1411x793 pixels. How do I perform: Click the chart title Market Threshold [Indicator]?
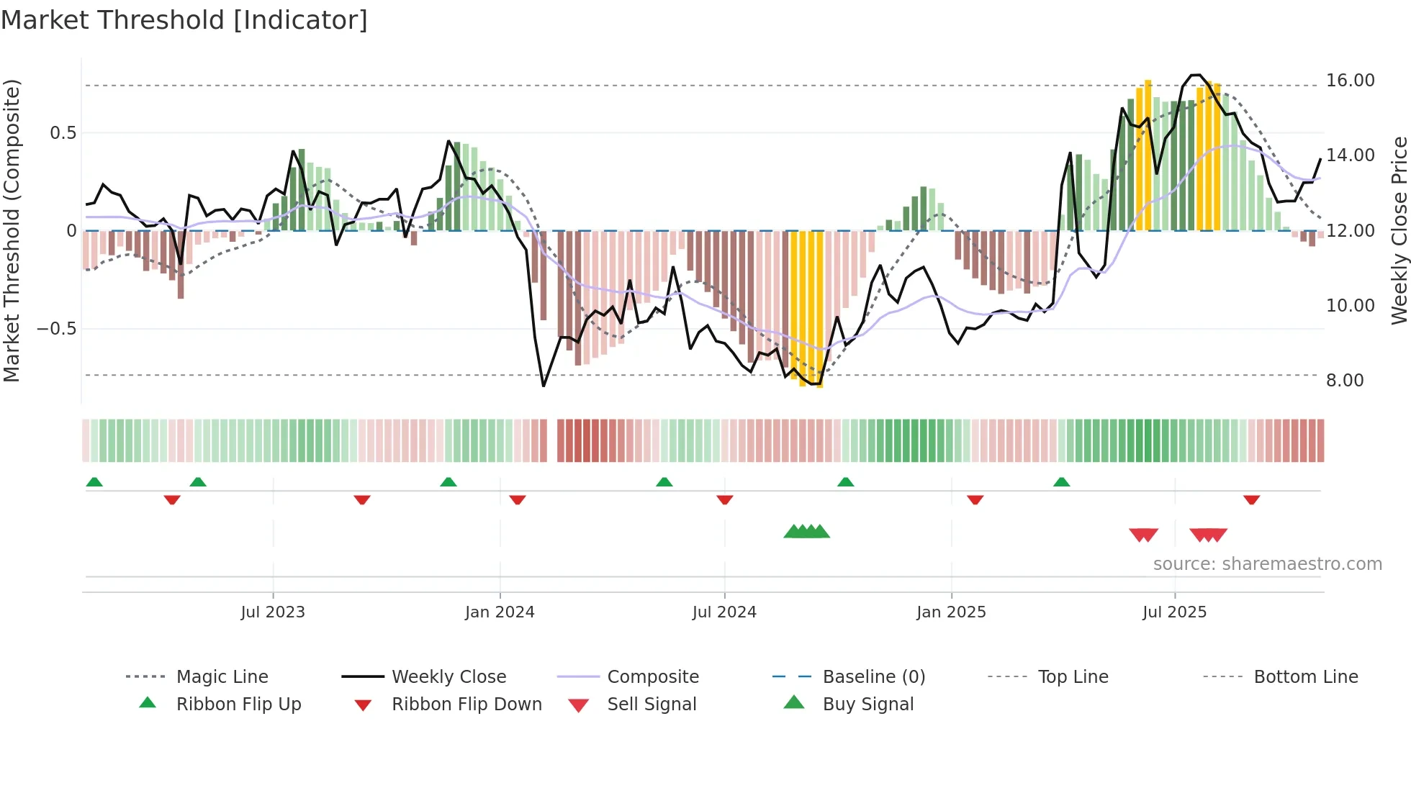[x=184, y=20]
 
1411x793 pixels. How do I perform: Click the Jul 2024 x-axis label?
[x=724, y=612]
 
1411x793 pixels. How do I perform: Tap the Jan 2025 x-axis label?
[x=951, y=612]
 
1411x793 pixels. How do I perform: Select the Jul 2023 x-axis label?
[x=273, y=612]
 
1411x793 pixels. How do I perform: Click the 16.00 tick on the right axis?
[x=1350, y=81]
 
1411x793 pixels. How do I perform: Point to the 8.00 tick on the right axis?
[x=1344, y=380]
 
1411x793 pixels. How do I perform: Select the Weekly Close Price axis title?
[x=1399, y=230]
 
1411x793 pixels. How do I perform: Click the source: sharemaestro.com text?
[x=1267, y=563]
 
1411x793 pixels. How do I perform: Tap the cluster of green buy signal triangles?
[x=806, y=532]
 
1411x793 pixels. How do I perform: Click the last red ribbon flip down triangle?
[x=1251, y=499]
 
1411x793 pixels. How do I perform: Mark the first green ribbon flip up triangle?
[x=94, y=482]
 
